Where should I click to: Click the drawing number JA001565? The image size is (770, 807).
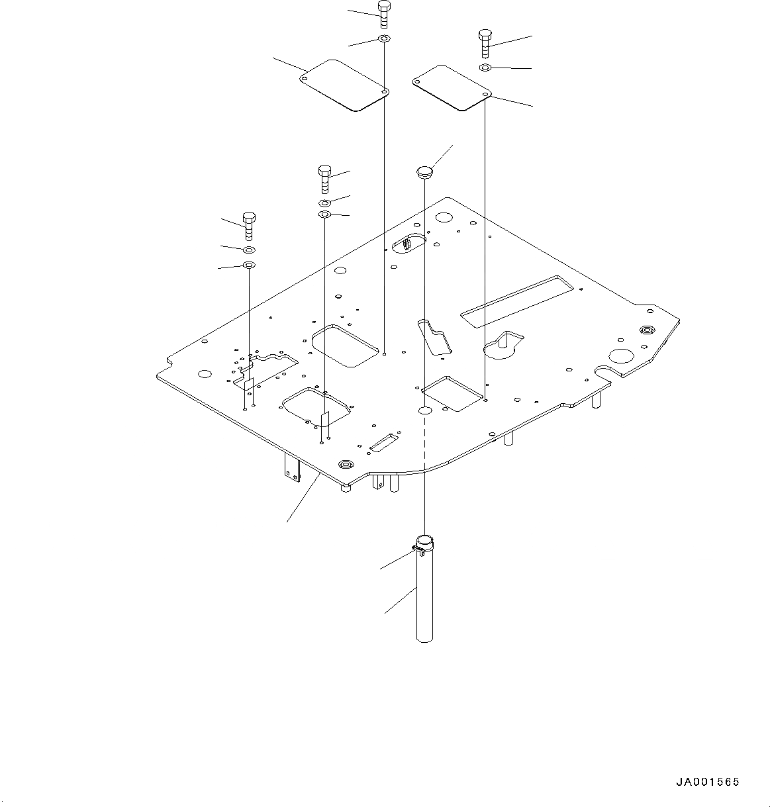pyautogui.click(x=707, y=782)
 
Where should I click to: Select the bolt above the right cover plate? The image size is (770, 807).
pyautogui.click(x=485, y=43)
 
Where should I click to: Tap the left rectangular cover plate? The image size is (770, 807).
pyautogui.click(x=344, y=85)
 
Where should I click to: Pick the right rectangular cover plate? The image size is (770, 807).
pyautogui.click(x=450, y=86)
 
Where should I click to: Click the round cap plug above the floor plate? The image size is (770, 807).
pyautogui.click(x=423, y=173)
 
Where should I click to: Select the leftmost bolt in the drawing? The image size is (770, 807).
pyautogui.click(x=249, y=226)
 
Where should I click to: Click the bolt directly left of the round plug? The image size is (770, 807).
pyautogui.click(x=325, y=179)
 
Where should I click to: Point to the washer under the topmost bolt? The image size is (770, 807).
pyautogui.click(x=384, y=40)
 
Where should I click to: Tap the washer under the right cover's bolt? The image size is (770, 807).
pyautogui.click(x=485, y=68)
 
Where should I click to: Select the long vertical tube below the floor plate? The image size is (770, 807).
pyautogui.click(x=424, y=596)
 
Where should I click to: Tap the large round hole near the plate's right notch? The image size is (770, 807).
pyautogui.click(x=622, y=356)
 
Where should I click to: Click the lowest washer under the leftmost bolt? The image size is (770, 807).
pyautogui.click(x=249, y=265)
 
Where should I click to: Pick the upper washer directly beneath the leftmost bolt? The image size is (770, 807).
pyautogui.click(x=249, y=250)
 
